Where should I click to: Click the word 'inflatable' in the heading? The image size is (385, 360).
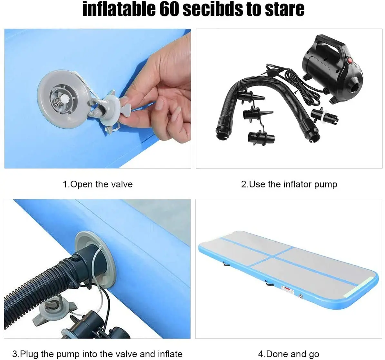coord(119,9)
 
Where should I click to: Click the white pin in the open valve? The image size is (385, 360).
coord(65,98)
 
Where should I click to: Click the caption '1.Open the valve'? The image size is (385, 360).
coord(98,184)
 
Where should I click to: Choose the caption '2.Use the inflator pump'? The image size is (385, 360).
coord(289,184)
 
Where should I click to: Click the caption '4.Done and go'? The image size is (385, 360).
coord(289,354)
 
